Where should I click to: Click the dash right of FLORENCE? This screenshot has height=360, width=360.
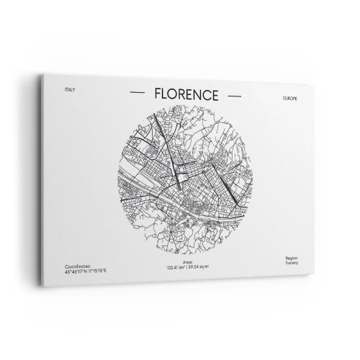coord(234,94)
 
